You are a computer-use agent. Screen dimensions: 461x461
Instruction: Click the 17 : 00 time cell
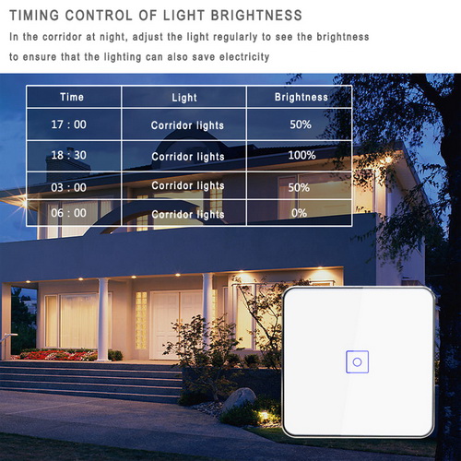[x=68, y=124]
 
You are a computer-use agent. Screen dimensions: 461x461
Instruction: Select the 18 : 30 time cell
[x=68, y=155]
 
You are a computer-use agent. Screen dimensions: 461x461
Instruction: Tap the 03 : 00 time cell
[x=68, y=187]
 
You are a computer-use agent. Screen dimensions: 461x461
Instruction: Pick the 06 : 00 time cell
[x=68, y=213]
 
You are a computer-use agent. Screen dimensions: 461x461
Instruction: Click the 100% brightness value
[x=301, y=155]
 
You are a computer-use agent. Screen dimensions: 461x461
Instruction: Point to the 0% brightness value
[x=299, y=213]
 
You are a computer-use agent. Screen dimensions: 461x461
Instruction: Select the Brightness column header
[x=301, y=97]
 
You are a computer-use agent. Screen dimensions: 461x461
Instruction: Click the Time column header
[x=72, y=97]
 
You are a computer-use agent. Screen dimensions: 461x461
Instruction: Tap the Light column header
[x=184, y=98]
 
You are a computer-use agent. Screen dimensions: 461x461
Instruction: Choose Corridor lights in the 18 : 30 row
[x=188, y=157]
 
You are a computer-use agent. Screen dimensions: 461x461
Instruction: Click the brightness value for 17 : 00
[x=301, y=124]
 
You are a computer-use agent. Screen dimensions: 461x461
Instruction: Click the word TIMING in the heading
[x=34, y=16]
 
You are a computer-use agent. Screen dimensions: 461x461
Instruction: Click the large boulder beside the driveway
[x=239, y=398]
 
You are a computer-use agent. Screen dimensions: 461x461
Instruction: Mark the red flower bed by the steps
[x=58, y=355]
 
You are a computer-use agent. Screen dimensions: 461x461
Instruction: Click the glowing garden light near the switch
[x=263, y=416]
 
